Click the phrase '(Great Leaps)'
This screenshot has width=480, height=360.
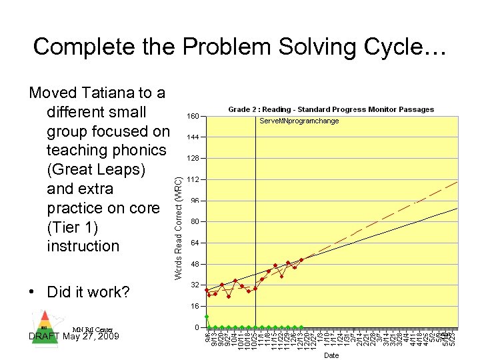(x=96, y=169)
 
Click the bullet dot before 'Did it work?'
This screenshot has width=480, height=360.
(x=33, y=292)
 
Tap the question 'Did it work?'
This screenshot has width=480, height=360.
(x=88, y=292)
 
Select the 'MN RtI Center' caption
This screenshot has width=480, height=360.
(x=93, y=329)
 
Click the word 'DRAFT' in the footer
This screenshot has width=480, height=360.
(x=45, y=336)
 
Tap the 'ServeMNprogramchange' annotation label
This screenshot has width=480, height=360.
(x=299, y=121)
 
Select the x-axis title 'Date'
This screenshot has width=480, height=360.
(x=331, y=355)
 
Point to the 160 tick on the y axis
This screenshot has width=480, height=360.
(x=193, y=116)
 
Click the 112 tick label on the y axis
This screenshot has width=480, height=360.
(x=193, y=179)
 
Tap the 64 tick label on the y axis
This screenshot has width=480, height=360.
(x=194, y=243)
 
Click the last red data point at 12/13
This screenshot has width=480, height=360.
(x=301, y=259)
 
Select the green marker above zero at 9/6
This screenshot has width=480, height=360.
(x=207, y=317)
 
